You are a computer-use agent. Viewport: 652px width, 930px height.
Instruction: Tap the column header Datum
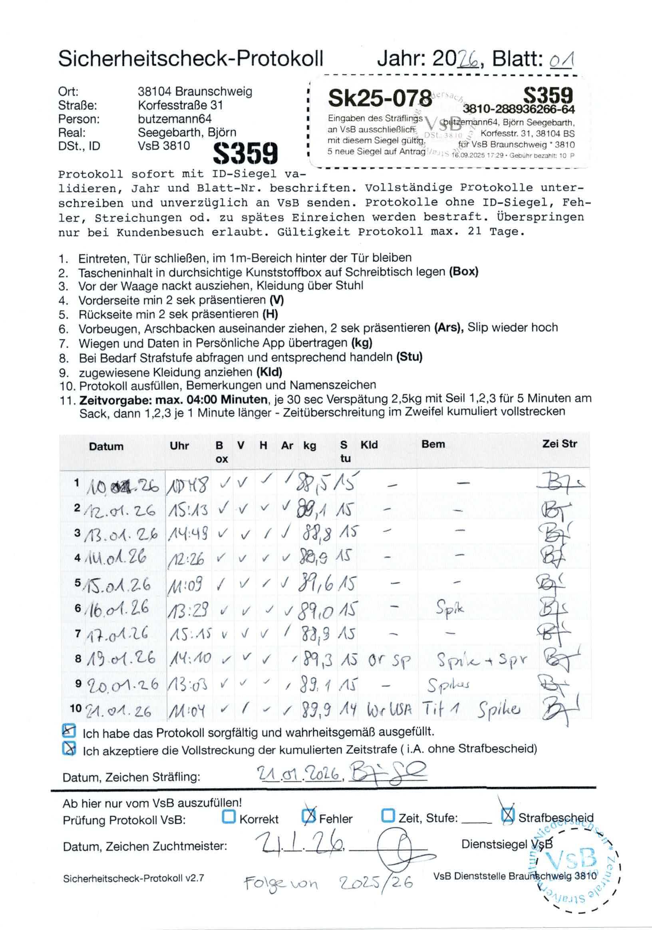click(106, 446)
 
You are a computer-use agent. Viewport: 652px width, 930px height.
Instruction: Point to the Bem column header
click(433, 444)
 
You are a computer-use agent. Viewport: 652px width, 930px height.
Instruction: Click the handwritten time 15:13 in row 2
click(189, 510)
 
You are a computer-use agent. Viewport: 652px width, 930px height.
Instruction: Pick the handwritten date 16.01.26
click(117, 609)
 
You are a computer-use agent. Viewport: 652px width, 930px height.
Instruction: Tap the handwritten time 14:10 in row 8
click(189, 659)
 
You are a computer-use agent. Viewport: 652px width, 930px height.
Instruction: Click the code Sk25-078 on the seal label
click(380, 98)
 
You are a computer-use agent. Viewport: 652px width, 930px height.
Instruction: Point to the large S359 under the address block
click(245, 153)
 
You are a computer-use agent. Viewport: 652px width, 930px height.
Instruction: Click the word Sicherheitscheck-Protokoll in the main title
click(190, 59)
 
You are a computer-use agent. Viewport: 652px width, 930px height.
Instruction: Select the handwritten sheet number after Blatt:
click(561, 60)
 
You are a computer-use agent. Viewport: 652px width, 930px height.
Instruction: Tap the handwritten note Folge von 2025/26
click(328, 882)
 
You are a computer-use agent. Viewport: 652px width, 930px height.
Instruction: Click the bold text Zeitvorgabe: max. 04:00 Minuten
click(173, 400)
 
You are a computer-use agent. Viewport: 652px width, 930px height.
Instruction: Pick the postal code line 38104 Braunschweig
click(195, 91)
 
